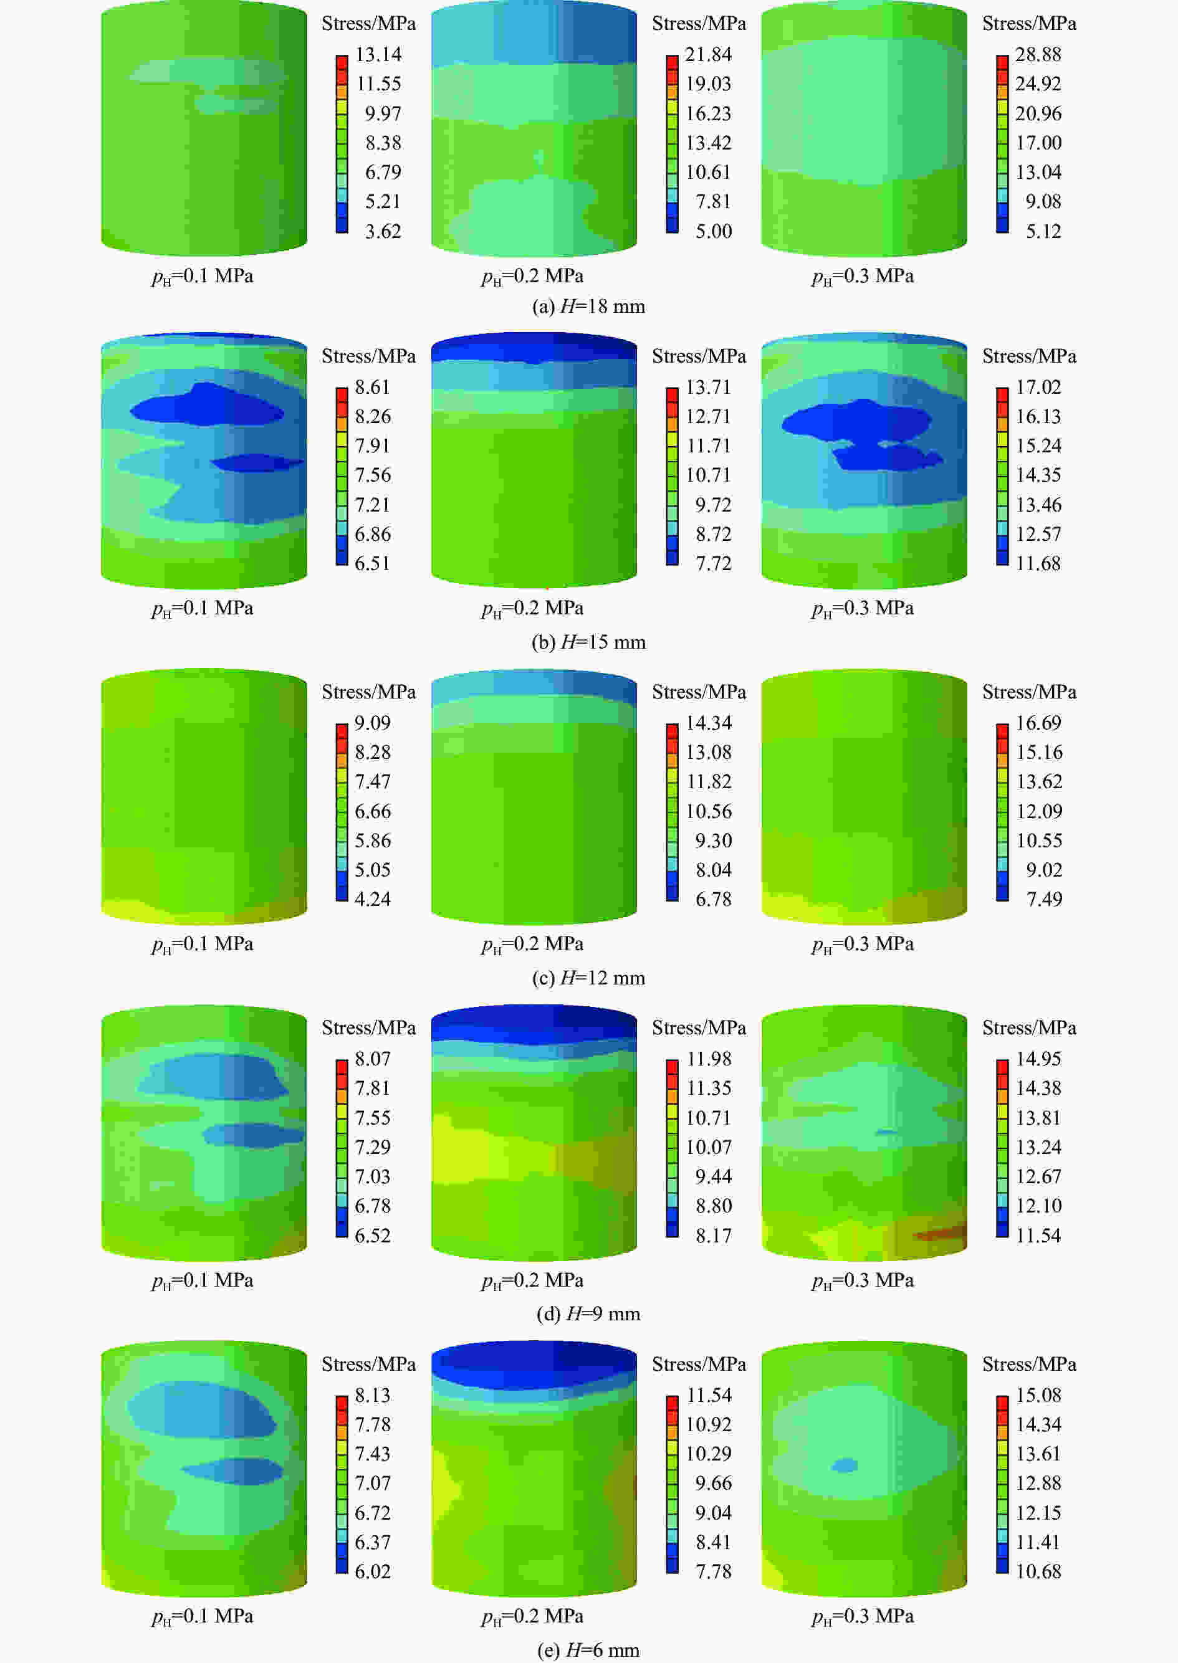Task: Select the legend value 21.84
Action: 708,54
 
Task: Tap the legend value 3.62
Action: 382,231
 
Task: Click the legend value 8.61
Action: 373,387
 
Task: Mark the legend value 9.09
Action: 373,723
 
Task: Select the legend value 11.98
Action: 708,1059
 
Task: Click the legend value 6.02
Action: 373,1571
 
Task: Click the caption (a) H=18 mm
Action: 588,307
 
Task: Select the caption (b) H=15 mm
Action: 588,642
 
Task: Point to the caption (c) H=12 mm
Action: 588,978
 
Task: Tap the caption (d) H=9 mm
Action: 588,1313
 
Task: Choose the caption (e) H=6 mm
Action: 588,1650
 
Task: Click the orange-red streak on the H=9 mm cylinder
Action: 940,1234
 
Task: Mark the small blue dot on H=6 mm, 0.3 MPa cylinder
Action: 843,1465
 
